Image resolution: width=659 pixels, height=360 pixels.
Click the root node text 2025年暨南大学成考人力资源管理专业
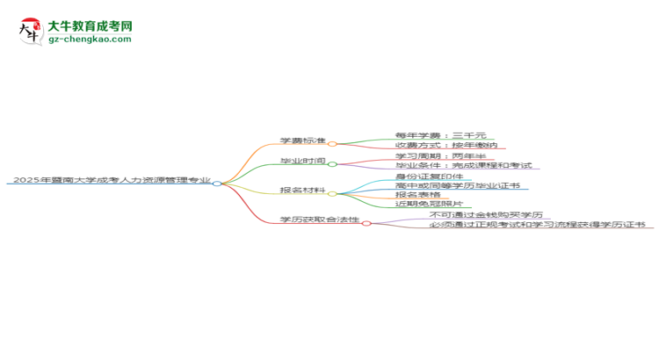(112, 180)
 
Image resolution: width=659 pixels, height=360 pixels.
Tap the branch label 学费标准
(302, 140)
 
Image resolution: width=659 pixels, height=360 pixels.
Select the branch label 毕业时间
(302, 161)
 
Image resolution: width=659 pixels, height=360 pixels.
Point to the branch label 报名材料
(302, 190)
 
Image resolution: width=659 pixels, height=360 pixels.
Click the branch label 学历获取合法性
(320, 220)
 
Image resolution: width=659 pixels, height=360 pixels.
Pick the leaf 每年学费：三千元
(440, 135)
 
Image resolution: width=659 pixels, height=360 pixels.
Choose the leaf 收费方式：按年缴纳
(445, 145)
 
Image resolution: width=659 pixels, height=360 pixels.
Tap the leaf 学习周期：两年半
(440, 155)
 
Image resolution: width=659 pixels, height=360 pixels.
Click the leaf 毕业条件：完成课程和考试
(463, 165)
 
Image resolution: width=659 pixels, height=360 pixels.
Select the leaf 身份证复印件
(429, 176)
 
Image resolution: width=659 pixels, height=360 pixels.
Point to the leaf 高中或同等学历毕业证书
(457, 185)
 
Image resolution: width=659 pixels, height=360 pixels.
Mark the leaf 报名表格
(417, 195)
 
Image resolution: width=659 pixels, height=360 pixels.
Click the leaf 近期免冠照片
(429, 204)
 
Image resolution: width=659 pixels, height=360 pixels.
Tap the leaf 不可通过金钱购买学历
(486, 214)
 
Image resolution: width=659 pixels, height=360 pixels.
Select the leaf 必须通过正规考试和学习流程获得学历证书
(537, 224)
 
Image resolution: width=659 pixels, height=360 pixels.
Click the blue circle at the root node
(217, 184)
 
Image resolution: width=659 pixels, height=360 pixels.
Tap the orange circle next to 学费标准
(332, 144)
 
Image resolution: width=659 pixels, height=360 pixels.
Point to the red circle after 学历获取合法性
(366, 224)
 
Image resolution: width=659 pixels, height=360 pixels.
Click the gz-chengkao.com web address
(90, 39)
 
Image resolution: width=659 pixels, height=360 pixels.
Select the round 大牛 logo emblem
(31, 32)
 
